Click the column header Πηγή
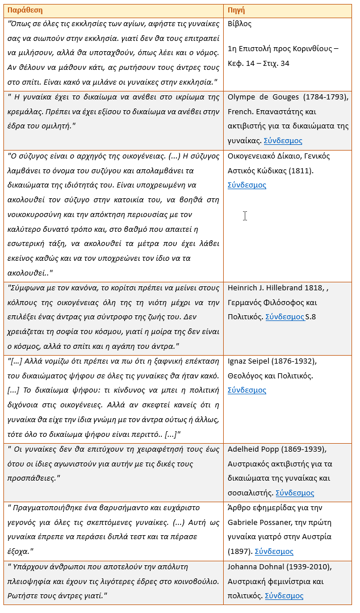(236, 10)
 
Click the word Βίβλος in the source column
(239, 24)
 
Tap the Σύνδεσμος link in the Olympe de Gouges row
(283, 140)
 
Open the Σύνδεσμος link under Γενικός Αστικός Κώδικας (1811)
(246, 185)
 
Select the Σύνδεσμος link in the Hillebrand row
(284, 316)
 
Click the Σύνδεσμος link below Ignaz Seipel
(246, 390)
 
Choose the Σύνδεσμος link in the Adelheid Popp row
(295, 493)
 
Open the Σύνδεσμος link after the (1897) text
(274, 551)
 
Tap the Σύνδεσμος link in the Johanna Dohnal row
(284, 595)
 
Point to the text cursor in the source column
(245, 216)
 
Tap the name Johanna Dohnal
(256, 566)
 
